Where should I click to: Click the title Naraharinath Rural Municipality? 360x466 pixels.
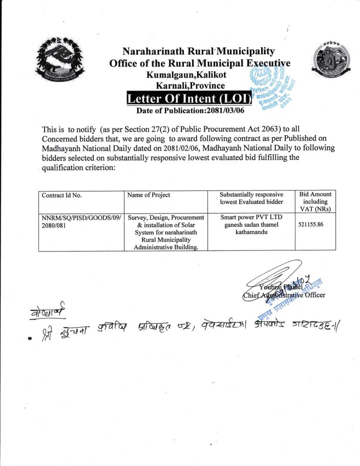click(199, 51)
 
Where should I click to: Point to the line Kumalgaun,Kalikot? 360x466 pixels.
click(185, 75)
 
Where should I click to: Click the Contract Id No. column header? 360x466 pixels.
click(61, 195)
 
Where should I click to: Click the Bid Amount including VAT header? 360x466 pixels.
click(314, 201)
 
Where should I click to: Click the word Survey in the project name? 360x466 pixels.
click(141, 218)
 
